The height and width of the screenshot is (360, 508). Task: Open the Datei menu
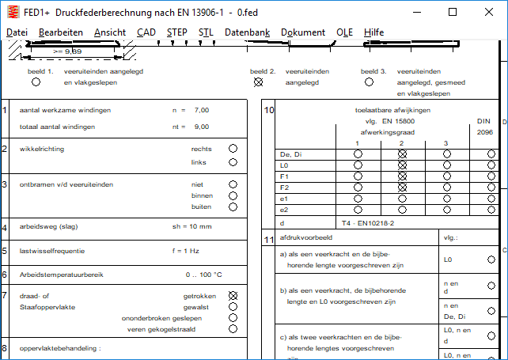click(17, 32)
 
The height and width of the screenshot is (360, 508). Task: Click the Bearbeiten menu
click(61, 32)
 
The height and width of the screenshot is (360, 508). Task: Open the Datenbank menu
click(247, 32)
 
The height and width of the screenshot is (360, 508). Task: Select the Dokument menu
click(303, 32)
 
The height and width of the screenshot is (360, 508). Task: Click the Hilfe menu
click(374, 32)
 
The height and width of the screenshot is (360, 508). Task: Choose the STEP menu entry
click(177, 32)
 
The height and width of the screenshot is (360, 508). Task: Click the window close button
click(488, 12)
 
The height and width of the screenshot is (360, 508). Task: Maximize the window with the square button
click(453, 12)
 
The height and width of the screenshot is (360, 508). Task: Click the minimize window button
click(416, 12)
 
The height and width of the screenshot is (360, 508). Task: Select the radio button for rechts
click(233, 148)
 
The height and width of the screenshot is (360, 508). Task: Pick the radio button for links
click(233, 162)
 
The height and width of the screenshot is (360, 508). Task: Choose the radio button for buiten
click(233, 207)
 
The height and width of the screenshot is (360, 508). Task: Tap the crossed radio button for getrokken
click(233, 294)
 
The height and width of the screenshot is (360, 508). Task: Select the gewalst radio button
click(233, 305)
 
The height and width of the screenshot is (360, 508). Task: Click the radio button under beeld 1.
click(36, 81)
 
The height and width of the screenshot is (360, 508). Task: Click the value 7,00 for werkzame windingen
click(201, 110)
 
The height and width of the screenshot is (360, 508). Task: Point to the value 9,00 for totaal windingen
click(201, 127)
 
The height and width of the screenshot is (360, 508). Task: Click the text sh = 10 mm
click(192, 227)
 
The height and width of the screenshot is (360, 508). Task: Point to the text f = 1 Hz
click(186, 251)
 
